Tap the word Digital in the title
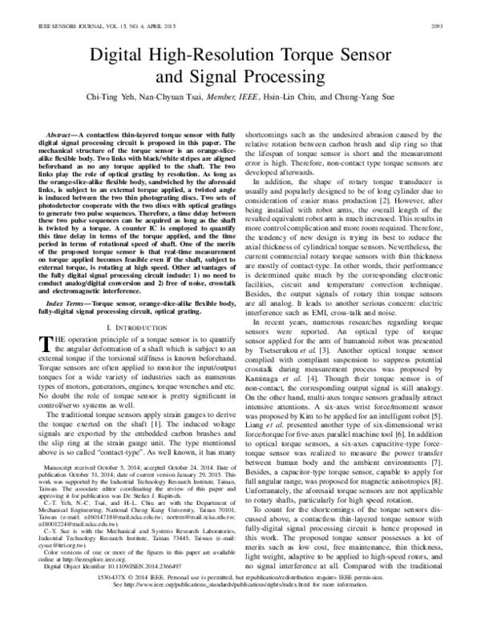click(116, 55)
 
